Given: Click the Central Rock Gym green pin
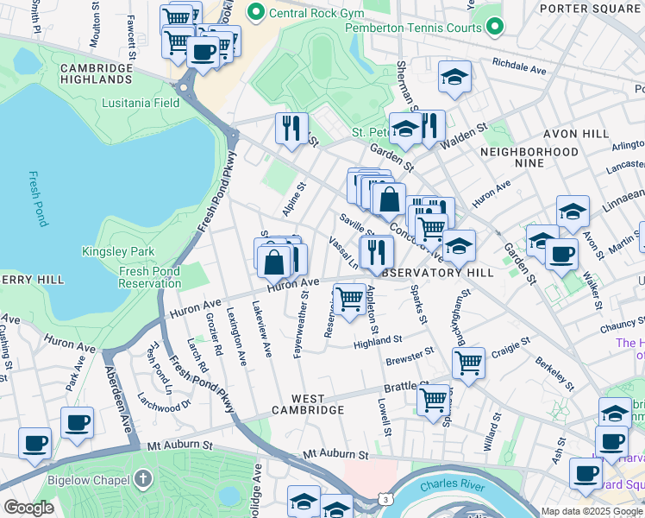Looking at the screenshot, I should coord(254,12).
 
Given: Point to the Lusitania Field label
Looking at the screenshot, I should coord(143,103).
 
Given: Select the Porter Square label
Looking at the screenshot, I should coord(591,9).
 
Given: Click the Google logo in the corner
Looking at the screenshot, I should coord(28,508).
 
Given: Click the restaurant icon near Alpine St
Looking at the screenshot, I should coord(291,129).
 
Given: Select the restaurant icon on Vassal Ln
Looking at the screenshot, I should coord(376,251).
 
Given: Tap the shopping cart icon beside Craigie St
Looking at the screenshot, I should coord(467,362).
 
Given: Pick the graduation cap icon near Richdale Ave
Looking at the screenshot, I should coord(454,78).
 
